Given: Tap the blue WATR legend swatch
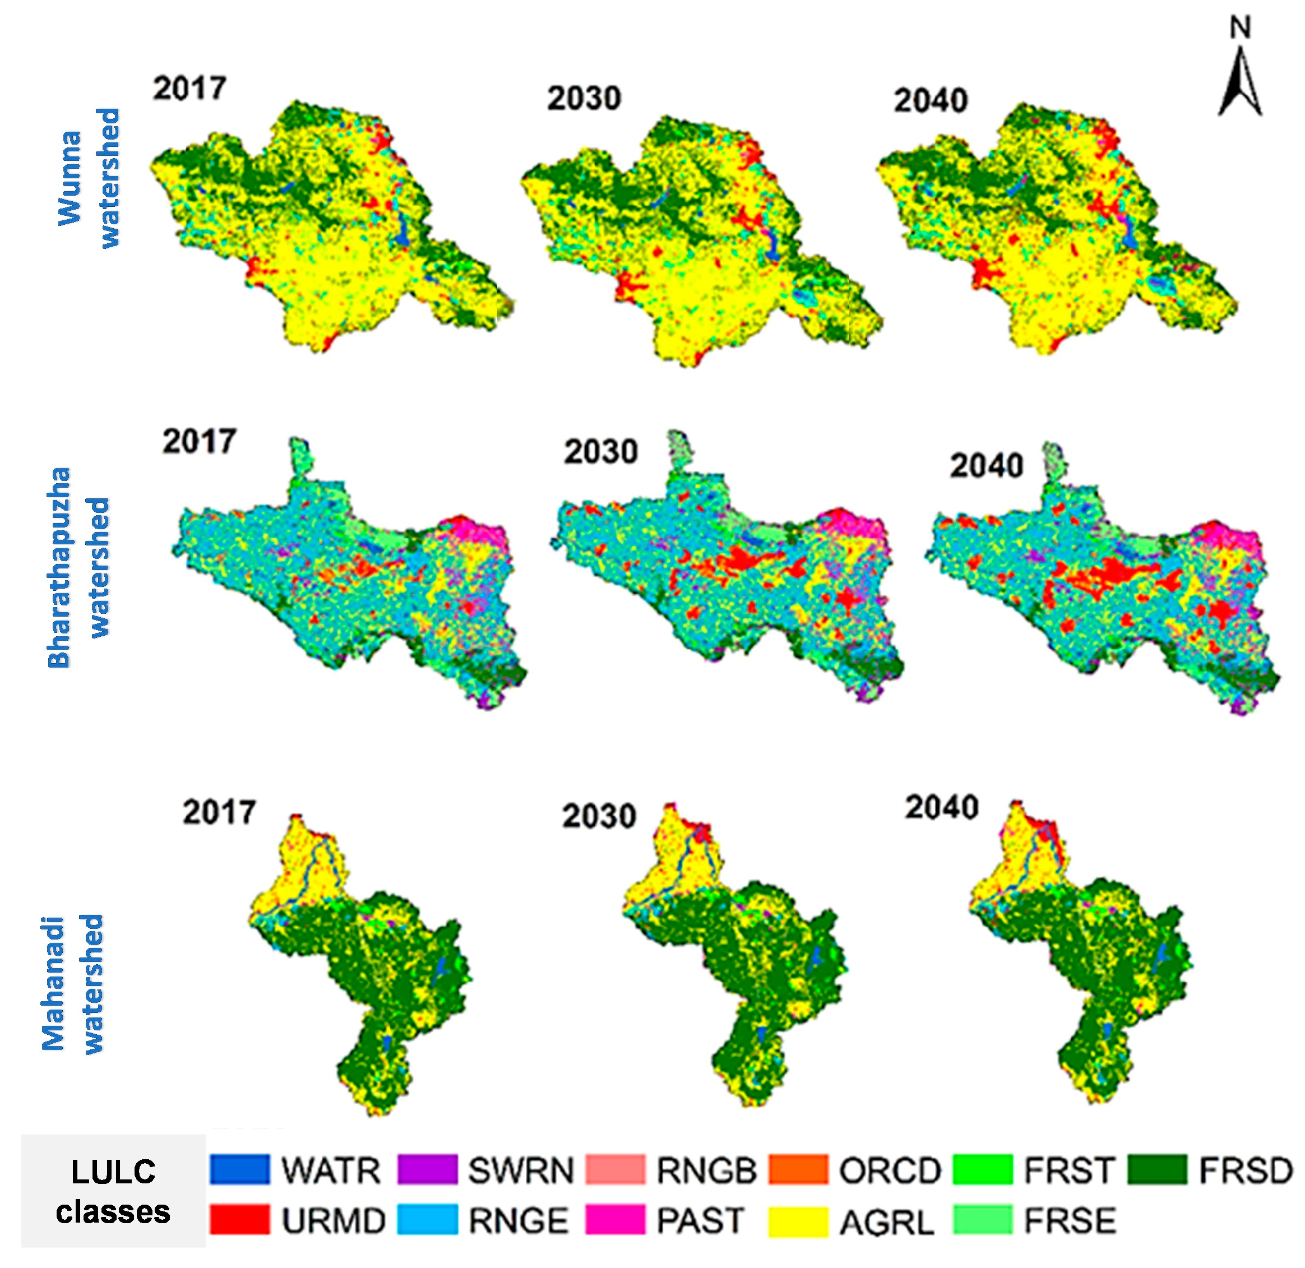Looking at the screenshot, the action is pos(240,1169).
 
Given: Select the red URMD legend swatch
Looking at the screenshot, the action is pos(240,1219).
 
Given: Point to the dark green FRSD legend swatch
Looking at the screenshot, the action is pos(1157,1169).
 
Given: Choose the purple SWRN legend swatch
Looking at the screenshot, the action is pos(428,1169).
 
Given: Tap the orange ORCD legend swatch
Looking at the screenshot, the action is pos(798,1169).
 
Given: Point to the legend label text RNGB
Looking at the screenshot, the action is pos(706,1170).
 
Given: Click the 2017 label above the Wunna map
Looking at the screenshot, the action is pos(190,88).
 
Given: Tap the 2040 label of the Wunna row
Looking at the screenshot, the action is pos(930,100).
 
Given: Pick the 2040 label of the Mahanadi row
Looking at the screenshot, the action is pos(941,807).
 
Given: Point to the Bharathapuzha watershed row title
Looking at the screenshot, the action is pos(78,567).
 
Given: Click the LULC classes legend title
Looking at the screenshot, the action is pos(113,1192).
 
